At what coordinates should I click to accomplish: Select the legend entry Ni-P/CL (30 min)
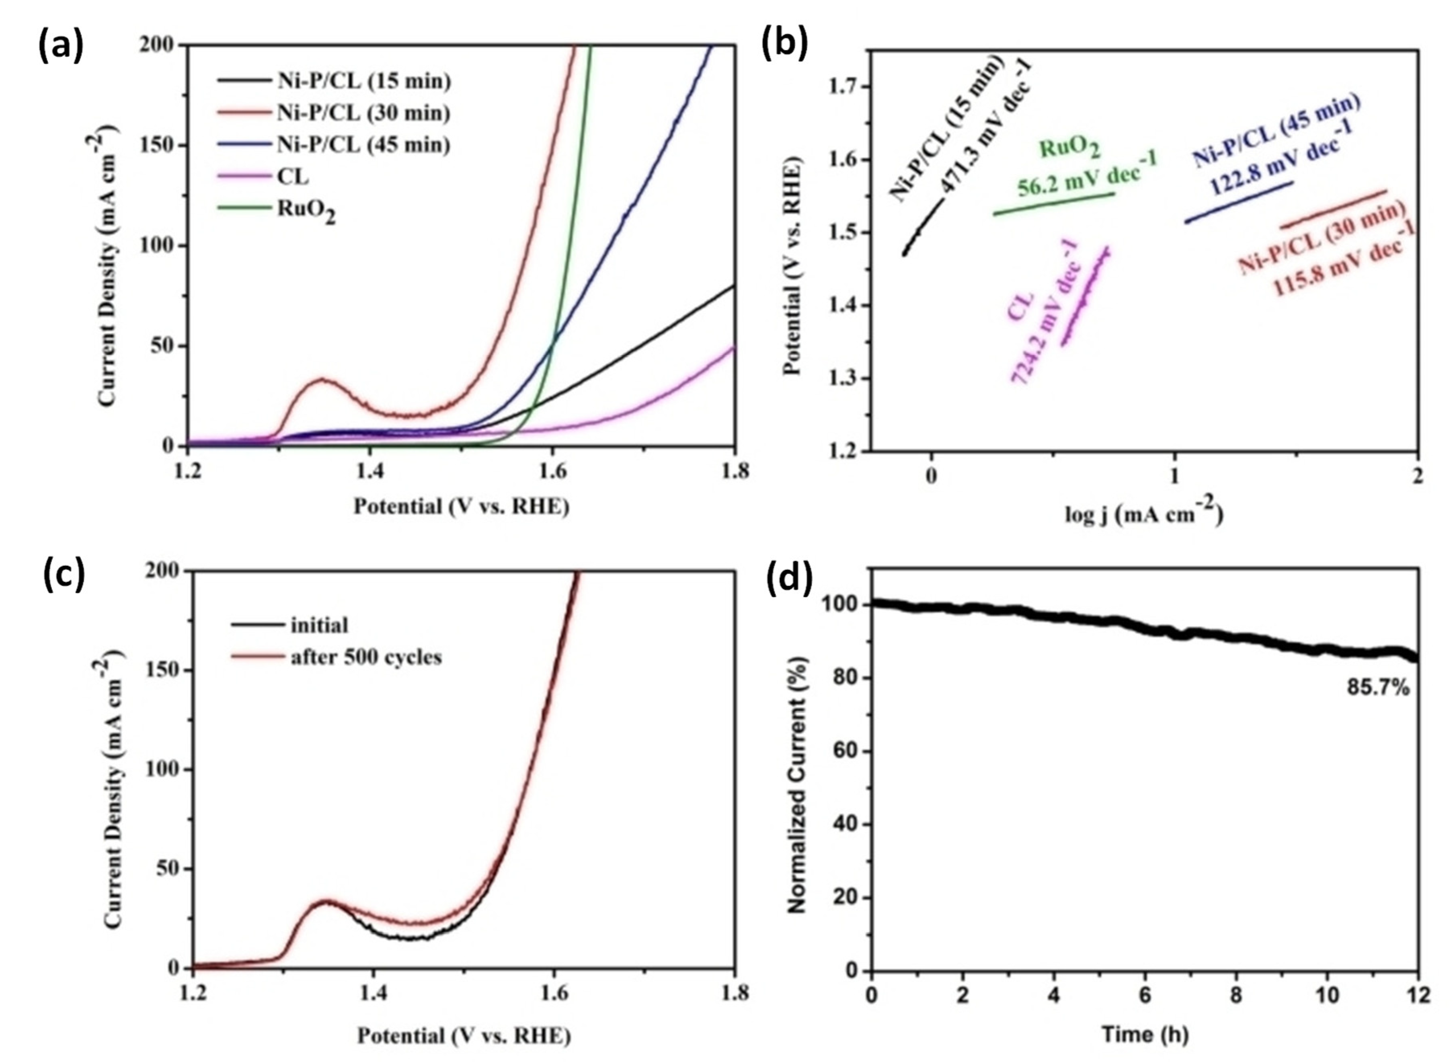(363, 113)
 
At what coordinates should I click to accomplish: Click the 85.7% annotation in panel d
(1377, 688)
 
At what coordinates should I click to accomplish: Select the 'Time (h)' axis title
(1145, 1034)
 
